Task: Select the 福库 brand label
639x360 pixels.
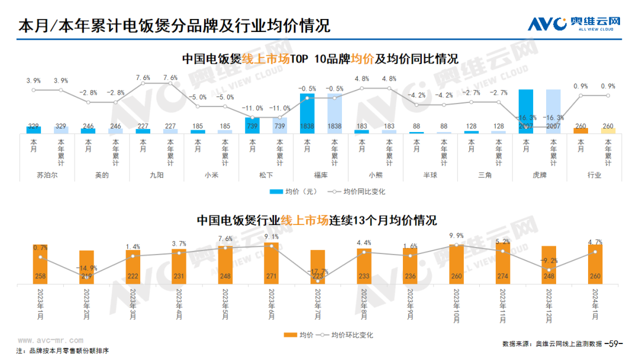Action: (321, 175)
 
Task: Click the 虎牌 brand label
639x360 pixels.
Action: (540, 175)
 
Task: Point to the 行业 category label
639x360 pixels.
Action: (594, 175)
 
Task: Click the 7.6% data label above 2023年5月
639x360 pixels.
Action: (225, 239)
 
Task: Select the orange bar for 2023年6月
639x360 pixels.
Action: (272, 262)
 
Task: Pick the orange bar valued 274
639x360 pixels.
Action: (502, 264)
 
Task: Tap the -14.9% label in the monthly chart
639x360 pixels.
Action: (86, 268)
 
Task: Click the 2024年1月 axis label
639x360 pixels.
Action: (595, 306)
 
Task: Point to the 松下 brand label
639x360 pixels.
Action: (266, 175)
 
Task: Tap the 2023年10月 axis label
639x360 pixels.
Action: (456, 306)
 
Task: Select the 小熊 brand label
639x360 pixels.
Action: (375, 175)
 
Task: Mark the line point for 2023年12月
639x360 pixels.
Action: (549, 270)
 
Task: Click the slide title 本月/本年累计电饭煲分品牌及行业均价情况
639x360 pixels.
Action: (174, 26)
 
